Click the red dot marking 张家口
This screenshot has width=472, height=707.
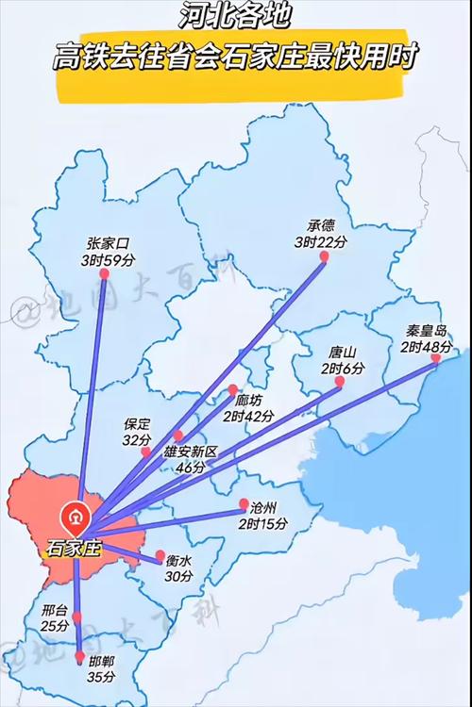[x=104, y=274]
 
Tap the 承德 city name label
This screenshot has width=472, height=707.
[x=321, y=226]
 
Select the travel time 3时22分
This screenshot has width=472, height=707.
[x=321, y=242]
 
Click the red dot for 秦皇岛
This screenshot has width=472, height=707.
[x=434, y=358]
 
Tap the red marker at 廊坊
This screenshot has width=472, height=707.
[x=232, y=388]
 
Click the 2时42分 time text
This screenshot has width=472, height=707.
[x=249, y=416]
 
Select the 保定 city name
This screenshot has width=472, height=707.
[x=137, y=425]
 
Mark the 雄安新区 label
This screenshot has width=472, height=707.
[x=191, y=452]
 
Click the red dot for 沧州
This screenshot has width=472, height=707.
[x=244, y=503]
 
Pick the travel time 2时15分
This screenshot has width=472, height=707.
[x=261, y=523]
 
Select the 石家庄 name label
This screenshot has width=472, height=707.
[x=73, y=548]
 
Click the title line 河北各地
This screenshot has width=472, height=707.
[x=235, y=16]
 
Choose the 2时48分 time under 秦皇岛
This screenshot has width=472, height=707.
[x=426, y=347]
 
